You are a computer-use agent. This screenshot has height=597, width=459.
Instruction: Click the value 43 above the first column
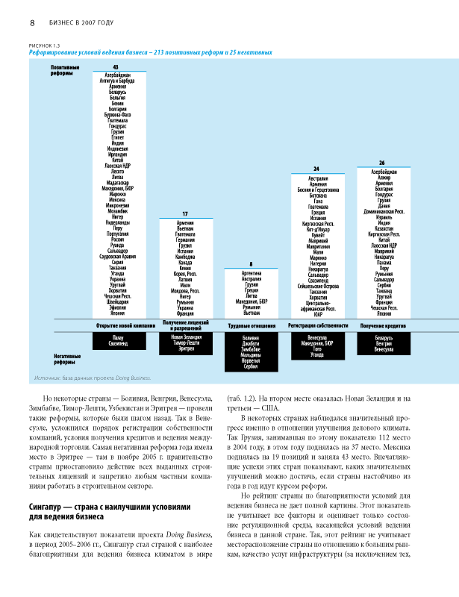115,68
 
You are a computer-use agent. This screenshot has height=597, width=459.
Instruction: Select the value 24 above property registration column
316,169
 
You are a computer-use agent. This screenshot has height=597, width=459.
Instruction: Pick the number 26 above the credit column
382,162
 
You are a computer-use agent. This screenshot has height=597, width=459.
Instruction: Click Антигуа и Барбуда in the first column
117,81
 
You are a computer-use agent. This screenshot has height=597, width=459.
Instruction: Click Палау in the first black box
117,337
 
